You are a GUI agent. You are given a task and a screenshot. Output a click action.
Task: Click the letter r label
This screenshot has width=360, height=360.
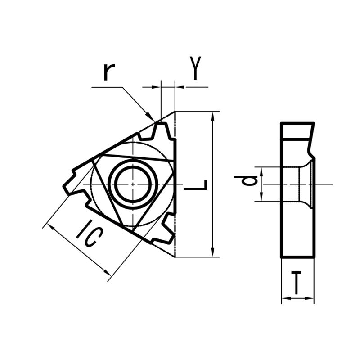(x=108, y=72)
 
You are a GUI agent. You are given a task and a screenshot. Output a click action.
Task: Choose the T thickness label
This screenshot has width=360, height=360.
(x=297, y=283)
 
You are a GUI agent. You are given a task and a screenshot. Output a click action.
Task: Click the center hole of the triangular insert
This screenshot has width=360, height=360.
(x=134, y=184)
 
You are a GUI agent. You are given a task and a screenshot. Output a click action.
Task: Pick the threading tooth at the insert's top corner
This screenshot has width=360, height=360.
(x=160, y=132)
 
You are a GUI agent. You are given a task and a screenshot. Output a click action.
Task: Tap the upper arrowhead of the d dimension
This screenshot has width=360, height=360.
(x=261, y=171)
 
